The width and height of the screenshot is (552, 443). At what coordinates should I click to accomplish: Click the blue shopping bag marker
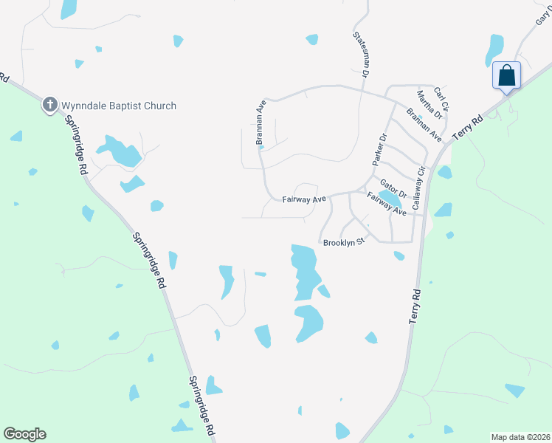(x=506, y=76)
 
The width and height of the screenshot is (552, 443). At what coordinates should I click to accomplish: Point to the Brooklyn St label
(x=344, y=241)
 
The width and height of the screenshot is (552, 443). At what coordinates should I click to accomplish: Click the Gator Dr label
(x=393, y=188)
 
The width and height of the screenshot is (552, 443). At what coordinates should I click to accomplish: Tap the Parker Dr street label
(x=379, y=148)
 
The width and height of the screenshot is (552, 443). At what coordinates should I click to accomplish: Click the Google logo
(x=24, y=434)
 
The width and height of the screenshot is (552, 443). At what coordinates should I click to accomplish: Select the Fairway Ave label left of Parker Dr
(x=304, y=199)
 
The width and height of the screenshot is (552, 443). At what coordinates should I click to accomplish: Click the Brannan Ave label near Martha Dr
(x=424, y=125)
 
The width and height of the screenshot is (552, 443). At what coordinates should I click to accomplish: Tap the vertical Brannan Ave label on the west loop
(x=261, y=123)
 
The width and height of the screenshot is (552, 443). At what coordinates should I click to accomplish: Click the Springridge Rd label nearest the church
(x=75, y=143)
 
